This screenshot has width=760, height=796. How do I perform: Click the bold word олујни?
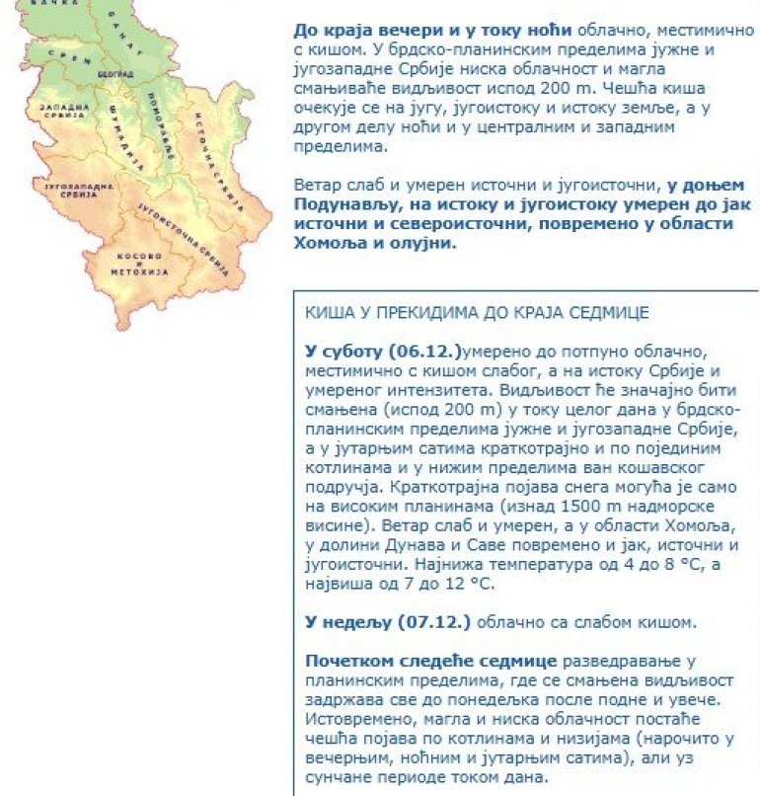point(425,242)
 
